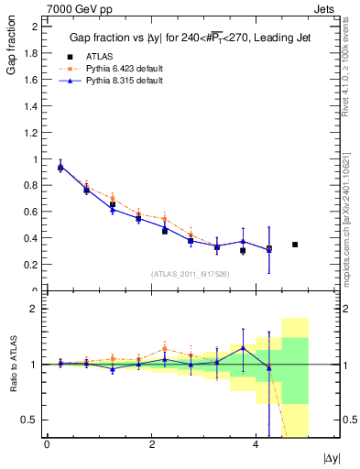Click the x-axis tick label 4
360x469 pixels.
pos(256,444)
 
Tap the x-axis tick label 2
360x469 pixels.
pos(151,444)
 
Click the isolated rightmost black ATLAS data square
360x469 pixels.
pos(295,245)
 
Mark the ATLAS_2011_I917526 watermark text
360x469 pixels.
pos(190,274)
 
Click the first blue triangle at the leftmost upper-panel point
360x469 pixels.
pos(60,167)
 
